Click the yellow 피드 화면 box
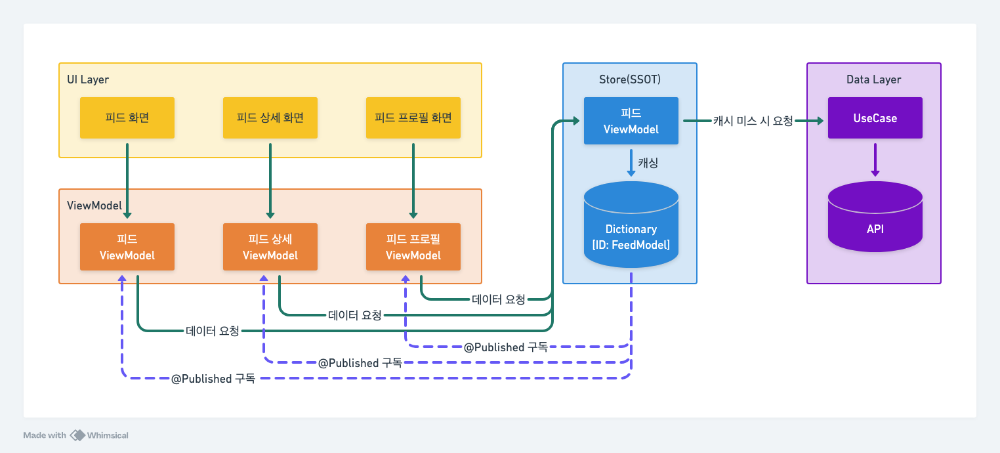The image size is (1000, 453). tap(127, 118)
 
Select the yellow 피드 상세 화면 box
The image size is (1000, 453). tap(270, 118)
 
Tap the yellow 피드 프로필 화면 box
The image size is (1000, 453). tap(413, 118)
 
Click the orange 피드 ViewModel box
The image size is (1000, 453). tap(127, 247)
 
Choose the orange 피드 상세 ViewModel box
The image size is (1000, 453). tap(270, 247)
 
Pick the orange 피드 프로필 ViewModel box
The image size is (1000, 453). tap(413, 247)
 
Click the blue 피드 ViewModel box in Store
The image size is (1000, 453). tap(631, 121)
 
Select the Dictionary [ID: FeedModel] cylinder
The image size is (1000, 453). tap(631, 225)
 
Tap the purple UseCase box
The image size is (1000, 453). tap(875, 118)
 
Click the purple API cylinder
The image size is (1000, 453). tap(875, 217)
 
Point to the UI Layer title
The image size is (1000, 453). tap(88, 79)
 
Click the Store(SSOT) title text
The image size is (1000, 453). tap(629, 79)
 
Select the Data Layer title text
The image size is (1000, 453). tap(873, 79)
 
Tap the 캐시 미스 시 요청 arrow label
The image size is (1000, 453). tap(753, 121)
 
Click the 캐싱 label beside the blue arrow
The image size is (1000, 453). tap(648, 163)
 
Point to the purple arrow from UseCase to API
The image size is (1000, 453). tap(875, 160)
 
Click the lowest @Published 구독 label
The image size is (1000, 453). tap(213, 379)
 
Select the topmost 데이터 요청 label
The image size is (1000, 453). tap(498, 299)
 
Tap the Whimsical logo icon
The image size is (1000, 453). tap(77, 435)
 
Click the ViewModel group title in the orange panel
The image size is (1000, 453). tap(94, 205)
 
